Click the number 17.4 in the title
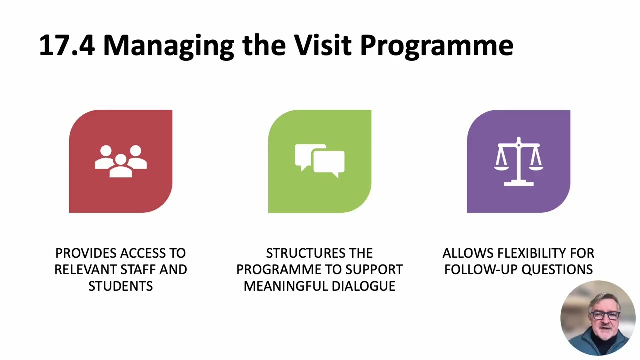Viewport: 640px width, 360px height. tap(67, 45)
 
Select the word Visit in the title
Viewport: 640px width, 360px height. tap(323, 45)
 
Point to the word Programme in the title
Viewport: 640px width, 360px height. tap(437, 47)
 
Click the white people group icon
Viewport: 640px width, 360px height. tap(121, 161)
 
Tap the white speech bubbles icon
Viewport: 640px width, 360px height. tap(319, 161)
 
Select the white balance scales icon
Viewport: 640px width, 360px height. tap(519, 161)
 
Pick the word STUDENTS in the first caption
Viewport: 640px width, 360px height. tap(121, 286)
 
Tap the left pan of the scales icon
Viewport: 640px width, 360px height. tap(501, 168)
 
